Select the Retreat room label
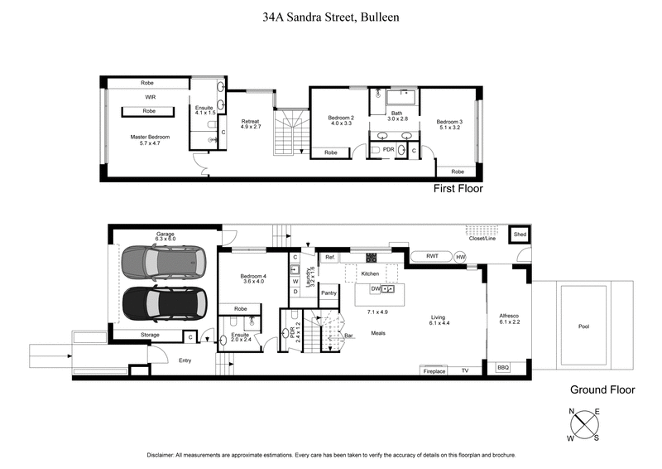pos(251,123)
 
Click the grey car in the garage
pos(161,264)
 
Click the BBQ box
pos(503,367)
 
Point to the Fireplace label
pos(434,371)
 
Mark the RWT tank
pos(432,257)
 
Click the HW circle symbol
pos(460,257)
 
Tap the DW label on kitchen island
pos(375,288)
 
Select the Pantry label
pos(329,293)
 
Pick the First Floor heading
pos(458,189)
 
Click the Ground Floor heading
pos(602,389)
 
